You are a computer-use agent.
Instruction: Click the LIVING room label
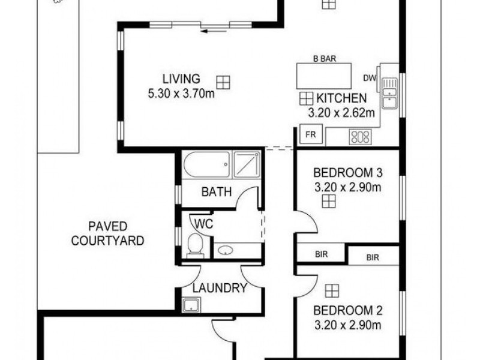click(181, 79)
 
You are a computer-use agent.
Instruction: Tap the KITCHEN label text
click(341, 98)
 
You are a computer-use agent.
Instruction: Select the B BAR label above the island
click(325, 59)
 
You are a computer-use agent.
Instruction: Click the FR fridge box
click(311, 134)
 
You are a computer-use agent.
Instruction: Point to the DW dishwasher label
click(370, 79)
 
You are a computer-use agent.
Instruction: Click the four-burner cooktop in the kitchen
click(361, 137)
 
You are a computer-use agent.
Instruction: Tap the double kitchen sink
click(389, 94)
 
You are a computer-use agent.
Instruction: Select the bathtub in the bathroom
click(206, 164)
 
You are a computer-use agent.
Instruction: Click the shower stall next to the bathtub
click(247, 164)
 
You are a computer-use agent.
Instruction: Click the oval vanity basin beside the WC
click(226, 251)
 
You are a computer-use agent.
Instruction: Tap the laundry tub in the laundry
click(191, 305)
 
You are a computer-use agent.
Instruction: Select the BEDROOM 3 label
click(348, 173)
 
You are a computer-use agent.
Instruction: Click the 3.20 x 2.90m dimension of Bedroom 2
click(348, 325)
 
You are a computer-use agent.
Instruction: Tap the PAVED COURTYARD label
click(108, 233)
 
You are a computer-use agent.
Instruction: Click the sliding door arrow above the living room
click(214, 31)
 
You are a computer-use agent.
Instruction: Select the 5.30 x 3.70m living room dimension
click(181, 94)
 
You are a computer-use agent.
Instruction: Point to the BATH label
click(217, 192)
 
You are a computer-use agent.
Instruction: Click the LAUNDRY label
click(220, 288)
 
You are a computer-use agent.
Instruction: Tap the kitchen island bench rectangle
click(324, 76)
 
